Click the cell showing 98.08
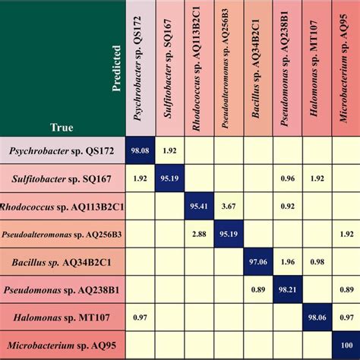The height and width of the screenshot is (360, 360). pos(141,150)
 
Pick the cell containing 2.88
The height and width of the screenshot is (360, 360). pos(200,234)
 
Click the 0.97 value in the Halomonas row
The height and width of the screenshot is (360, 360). pos(141,317)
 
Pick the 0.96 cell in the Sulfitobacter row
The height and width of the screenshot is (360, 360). pos(287,178)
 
